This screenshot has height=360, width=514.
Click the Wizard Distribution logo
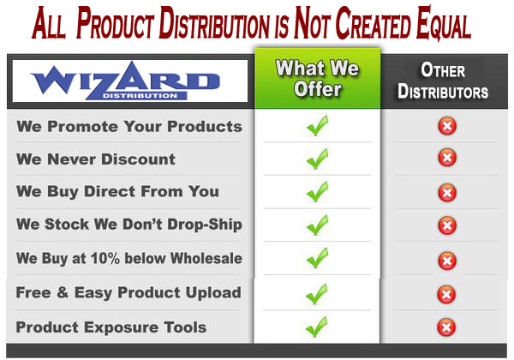pos(125,81)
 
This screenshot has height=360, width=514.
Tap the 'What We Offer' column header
pos(317,79)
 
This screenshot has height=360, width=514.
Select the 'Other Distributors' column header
pos(443,81)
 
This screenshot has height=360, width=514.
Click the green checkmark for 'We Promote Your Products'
pos(317,126)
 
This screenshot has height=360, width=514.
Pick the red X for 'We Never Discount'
pos(447,158)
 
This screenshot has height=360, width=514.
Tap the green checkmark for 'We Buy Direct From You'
pos(317,192)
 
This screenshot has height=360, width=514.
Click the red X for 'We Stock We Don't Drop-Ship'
pos(447,225)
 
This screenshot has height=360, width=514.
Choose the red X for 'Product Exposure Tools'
pos(446,327)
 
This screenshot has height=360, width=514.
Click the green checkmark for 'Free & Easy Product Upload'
pos(316,294)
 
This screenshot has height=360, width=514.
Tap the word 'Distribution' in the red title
pos(213,22)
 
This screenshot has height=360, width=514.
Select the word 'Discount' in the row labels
pos(138,159)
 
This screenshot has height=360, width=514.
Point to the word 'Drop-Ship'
pos(205,225)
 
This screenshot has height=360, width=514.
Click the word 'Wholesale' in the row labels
pos(206,258)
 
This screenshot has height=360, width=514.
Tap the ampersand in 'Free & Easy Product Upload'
pos(63,292)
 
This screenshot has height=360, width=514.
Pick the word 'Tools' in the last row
pos(185,327)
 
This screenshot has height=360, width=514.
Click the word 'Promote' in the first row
pos(82,127)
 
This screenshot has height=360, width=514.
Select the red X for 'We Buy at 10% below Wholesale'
pos(447,261)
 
